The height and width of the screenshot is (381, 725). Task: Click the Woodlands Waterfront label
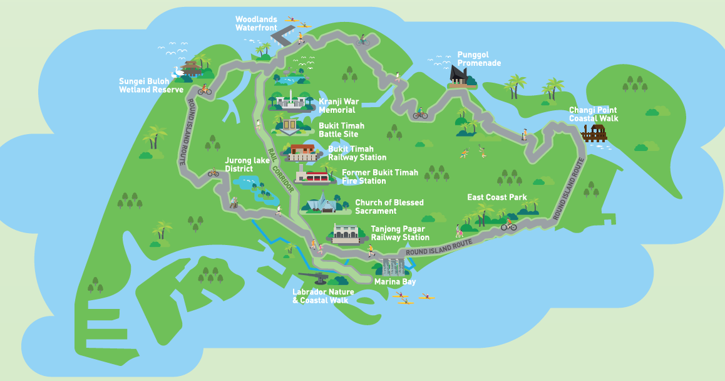256,24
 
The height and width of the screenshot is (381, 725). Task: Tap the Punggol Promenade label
478,59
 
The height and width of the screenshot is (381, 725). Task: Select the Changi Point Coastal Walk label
593,114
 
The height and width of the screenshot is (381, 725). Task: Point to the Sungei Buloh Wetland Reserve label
151,85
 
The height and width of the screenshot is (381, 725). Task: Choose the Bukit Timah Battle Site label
341,130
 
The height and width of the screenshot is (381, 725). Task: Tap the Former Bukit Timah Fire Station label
379,177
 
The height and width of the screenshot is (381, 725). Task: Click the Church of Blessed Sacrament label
389,207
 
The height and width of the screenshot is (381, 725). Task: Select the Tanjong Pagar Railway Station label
400,233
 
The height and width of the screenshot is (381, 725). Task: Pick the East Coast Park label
496,197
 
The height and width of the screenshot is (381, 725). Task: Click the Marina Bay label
394,282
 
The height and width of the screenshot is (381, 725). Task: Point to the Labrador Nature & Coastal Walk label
323,296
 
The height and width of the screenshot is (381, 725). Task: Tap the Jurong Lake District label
239,165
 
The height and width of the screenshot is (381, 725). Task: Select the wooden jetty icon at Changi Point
594,133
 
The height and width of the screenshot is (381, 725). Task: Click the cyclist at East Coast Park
508,224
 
